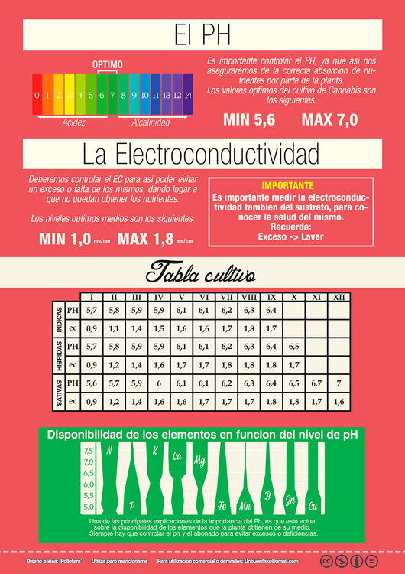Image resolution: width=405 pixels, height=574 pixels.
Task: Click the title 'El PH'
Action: pos(202,34)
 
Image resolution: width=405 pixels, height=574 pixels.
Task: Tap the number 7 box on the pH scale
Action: pos(112,96)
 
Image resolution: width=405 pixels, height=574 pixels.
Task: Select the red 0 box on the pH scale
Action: pos(37,96)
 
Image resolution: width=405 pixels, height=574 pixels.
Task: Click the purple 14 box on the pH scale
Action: pos(188,96)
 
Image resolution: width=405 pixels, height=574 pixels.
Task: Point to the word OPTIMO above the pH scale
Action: pos(107,64)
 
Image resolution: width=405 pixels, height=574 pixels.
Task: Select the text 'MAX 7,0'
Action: pos(329,120)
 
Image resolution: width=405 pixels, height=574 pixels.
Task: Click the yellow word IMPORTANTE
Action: pos(287,185)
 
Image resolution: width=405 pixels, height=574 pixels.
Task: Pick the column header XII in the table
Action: pos(339,297)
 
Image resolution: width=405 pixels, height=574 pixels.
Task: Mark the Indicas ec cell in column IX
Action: pos(272,329)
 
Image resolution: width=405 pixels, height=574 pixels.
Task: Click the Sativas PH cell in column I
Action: pos(92,383)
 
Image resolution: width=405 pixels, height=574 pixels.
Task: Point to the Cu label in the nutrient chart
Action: pos(313,506)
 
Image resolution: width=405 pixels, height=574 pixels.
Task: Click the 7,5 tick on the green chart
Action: pos(88,451)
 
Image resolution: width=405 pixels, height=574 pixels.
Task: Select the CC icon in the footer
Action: pos(326,561)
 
